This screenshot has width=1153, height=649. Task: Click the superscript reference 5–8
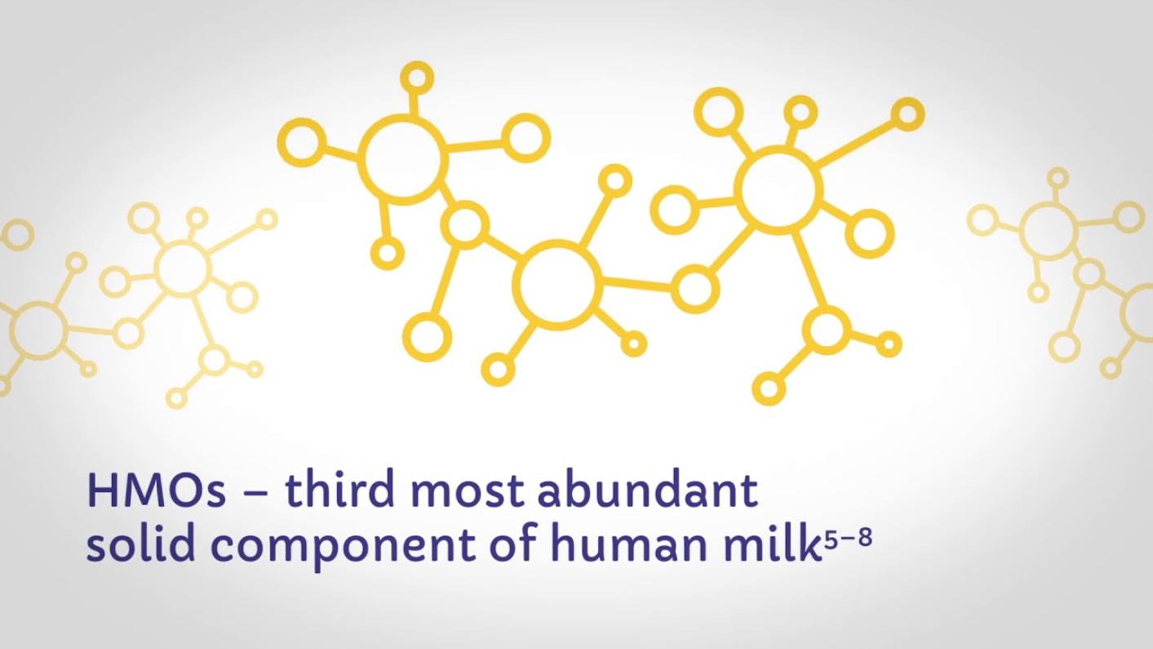pyautogui.click(x=847, y=539)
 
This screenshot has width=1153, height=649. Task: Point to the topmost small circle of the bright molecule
pyautogui.click(x=417, y=78)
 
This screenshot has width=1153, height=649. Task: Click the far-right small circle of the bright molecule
pyautogui.click(x=908, y=113)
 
